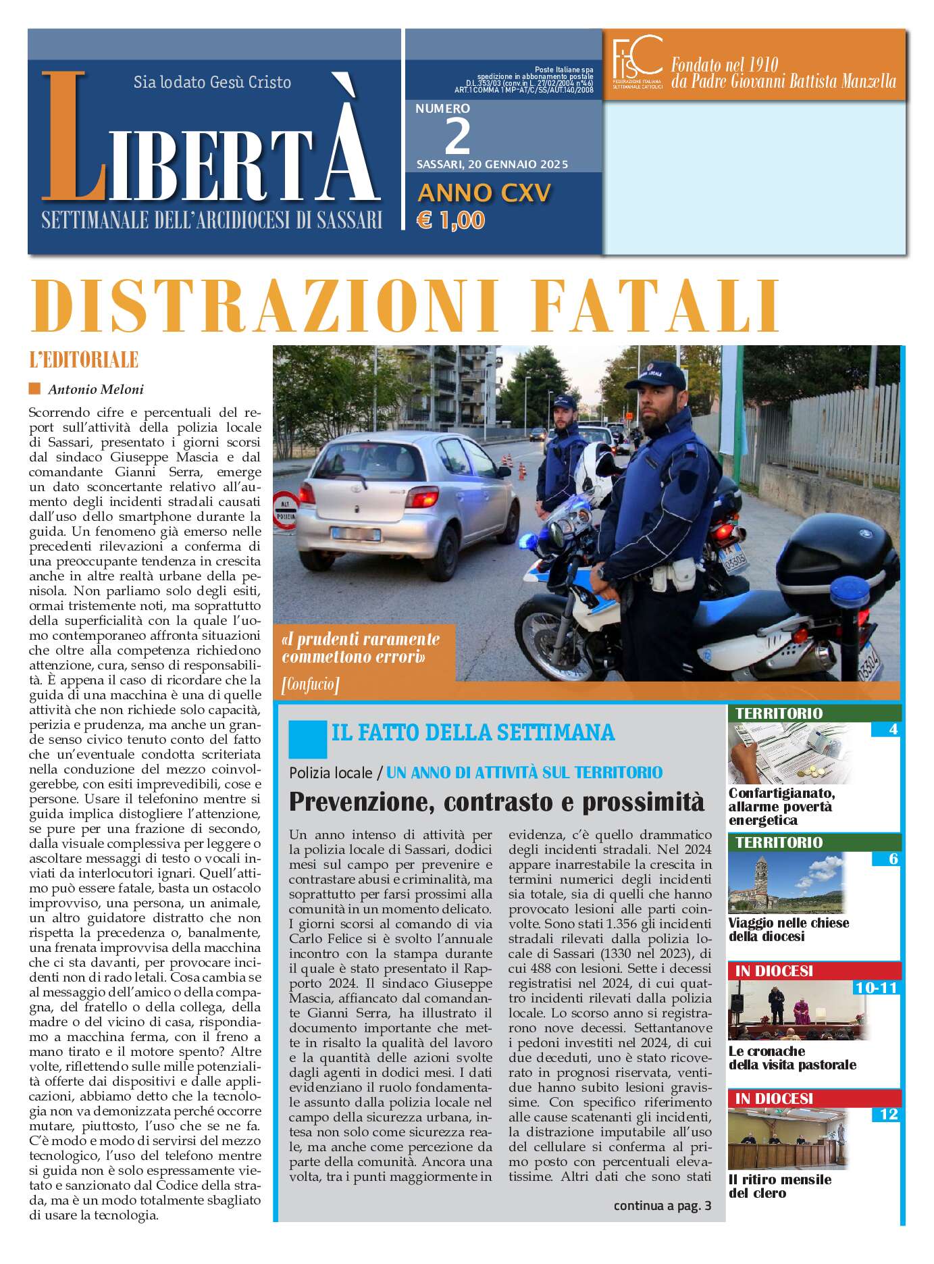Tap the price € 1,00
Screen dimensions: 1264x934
coord(451,220)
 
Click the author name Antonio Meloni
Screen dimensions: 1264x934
coord(95,389)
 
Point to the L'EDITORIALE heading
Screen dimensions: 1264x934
coord(84,360)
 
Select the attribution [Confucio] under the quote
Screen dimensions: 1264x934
coord(310,684)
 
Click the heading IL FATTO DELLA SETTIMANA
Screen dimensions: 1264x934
coord(473,732)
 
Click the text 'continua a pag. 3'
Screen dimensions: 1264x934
coord(662,1206)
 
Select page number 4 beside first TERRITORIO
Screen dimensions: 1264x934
coord(893,729)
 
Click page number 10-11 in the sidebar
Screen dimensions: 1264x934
coord(876,988)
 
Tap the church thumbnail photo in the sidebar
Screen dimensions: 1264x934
coord(787,883)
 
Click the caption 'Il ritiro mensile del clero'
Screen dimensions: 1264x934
coord(779,1186)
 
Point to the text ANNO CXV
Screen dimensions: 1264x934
coord(484,193)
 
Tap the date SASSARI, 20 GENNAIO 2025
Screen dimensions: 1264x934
coord(492,164)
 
